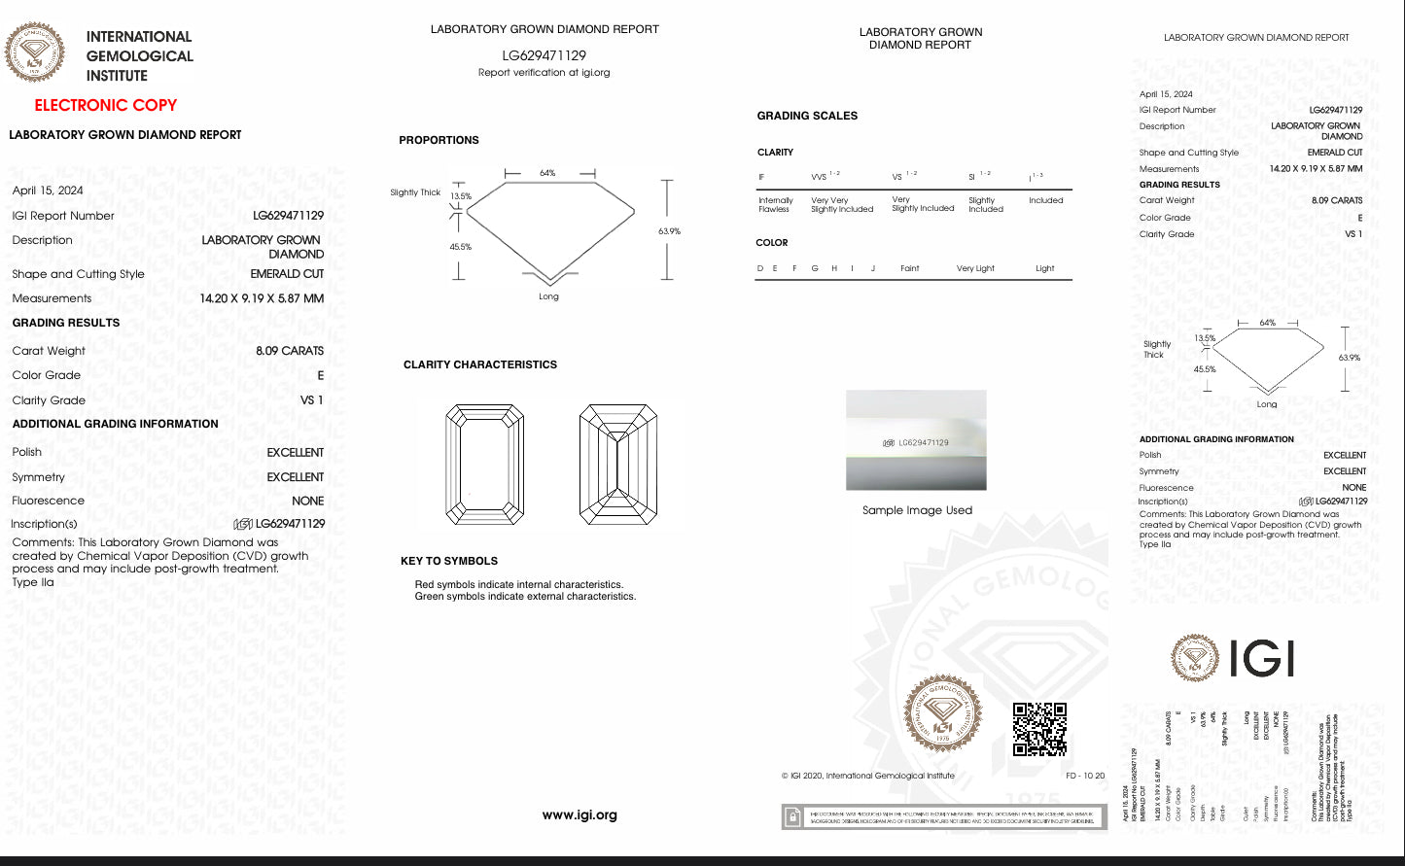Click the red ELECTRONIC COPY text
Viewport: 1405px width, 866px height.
tap(106, 105)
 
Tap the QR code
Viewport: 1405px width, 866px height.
tap(1039, 729)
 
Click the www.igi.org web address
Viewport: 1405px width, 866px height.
tap(580, 815)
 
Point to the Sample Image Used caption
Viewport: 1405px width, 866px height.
tap(917, 510)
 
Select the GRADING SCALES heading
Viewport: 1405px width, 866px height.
tap(807, 116)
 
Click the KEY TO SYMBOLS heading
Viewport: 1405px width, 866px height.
tap(449, 561)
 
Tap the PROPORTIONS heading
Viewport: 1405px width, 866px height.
tap(439, 140)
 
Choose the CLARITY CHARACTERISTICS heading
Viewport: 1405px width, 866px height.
tap(480, 364)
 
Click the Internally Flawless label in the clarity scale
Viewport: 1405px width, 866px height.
tap(775, 204)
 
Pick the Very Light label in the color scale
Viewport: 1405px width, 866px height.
tap(975, 268)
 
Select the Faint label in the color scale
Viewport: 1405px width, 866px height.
tap(909, 268)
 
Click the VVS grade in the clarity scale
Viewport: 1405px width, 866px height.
tap(820, 177)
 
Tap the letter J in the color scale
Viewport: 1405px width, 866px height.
tap(873, 268)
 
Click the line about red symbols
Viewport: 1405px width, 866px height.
tap(518, 584)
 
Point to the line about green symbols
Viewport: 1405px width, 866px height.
tap(525, 597)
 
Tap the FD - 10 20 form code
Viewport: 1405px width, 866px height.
tap(1085, 776)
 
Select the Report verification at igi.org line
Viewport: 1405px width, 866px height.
tap(544, 73)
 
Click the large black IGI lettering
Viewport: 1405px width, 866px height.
tap(1261, 659)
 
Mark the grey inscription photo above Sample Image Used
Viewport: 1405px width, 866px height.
tap(916, 440)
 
